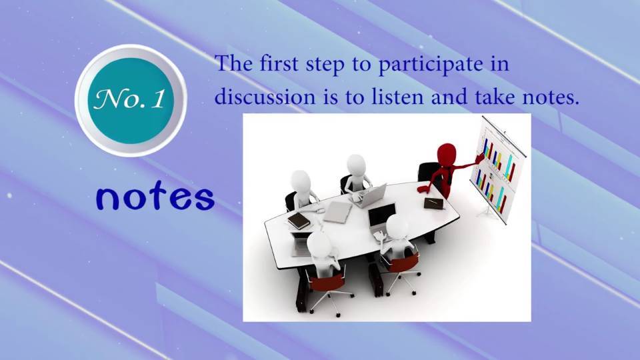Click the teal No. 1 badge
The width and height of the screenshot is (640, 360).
click(x=131, y=101)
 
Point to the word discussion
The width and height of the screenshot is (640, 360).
click(x=265, y=97)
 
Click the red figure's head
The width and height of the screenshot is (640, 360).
click(x=446, y=154)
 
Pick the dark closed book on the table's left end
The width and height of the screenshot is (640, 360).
click(x=299, y=221)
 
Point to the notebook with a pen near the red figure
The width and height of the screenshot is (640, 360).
click(x=434, y=203)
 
